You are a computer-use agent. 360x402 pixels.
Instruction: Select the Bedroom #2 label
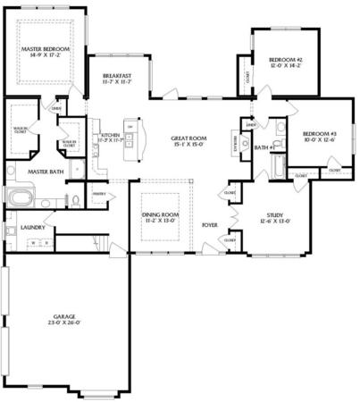click(x=286, y=60)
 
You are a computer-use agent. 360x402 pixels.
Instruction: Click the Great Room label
click(x=188, y=139)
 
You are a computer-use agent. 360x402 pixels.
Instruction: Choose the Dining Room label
click(x=162, y=215)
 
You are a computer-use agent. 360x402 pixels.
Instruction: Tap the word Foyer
click(x=210, y=225)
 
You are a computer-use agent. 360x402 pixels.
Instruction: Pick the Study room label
click(x=274, y=215)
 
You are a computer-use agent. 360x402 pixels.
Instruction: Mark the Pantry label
click(x=99, y=193)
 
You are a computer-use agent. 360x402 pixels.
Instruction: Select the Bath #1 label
click(x=262, y=148)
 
